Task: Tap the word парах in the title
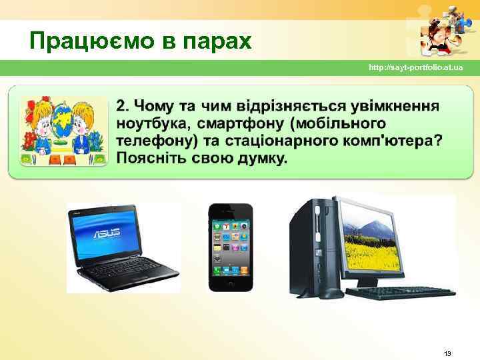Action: pyautogui.click(x=213, y=41)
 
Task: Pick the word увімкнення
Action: pyautogui.click(x=399, y=107)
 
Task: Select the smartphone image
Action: pyautogui.click(x=230, y=247)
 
